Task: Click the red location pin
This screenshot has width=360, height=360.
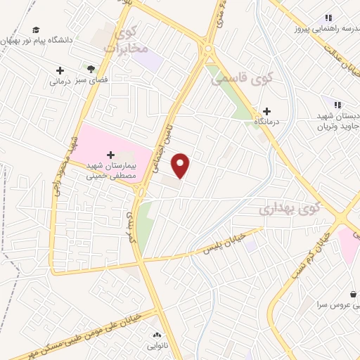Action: [181, 165]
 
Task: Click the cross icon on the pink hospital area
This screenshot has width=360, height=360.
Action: [110, 154]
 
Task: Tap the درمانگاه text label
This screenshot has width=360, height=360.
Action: [267, 122]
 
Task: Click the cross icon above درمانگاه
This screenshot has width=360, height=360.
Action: [266, 111]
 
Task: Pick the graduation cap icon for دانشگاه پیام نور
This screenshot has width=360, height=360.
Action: [36, 30]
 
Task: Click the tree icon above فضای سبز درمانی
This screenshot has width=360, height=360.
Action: [91, 68]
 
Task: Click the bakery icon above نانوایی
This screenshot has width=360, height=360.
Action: [156, 335]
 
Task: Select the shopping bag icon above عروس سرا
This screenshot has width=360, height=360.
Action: [352, 294]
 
